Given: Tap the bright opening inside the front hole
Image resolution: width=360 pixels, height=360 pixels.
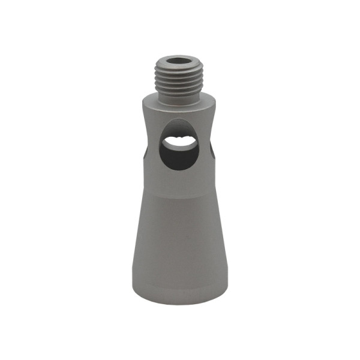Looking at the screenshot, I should [x=179, y=142].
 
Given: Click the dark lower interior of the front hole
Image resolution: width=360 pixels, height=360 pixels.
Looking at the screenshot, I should [x=180, y=157].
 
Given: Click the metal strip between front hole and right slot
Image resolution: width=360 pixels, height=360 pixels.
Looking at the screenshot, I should [x=205, y=147].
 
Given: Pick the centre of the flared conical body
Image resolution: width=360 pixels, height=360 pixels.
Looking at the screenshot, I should [x=179, y=240].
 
